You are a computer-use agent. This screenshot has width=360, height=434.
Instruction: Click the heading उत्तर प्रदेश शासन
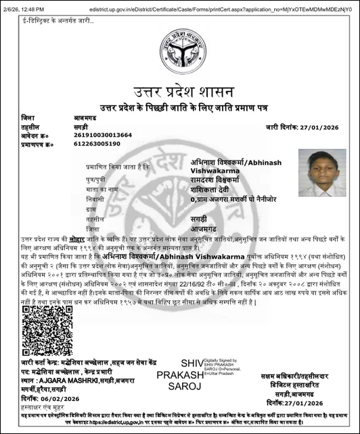(179, 91)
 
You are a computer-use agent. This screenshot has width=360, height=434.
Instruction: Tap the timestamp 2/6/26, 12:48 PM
(24, 8)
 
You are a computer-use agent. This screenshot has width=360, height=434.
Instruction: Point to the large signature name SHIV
(192, 363)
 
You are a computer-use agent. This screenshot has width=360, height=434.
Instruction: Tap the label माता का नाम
(102, 191)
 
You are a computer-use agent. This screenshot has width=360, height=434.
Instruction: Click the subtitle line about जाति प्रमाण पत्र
(179, 107)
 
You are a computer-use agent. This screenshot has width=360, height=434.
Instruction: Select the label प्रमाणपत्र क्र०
(36, 144)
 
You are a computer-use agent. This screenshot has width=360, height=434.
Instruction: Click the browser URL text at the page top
(223, 8)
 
